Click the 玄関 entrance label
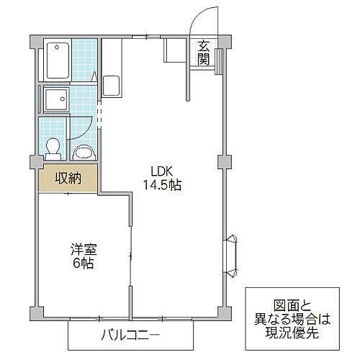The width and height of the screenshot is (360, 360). tap(203, 51)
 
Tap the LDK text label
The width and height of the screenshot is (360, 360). tap(161, 171)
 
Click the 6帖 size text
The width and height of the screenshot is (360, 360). tap(81, 264)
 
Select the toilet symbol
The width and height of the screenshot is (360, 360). tap(52, 147)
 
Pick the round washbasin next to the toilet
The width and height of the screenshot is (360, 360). tap(84, 150)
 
